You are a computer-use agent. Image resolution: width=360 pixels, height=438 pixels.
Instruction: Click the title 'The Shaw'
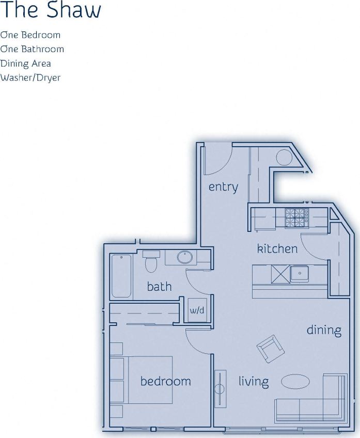coord(51,10)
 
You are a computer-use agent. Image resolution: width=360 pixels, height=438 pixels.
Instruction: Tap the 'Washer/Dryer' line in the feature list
coord(30,77)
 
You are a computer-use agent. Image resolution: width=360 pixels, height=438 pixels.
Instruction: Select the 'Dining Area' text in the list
coord(25,64)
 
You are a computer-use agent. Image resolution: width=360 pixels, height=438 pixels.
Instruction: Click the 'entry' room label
coord(223,187)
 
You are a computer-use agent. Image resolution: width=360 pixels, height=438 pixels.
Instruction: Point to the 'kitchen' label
coord(277,248)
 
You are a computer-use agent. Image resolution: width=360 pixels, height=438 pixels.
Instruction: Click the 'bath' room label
coord(159,286)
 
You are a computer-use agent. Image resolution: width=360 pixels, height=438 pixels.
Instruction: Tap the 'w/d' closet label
coord(197,310)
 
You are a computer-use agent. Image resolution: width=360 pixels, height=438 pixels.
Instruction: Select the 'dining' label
coord(324,330)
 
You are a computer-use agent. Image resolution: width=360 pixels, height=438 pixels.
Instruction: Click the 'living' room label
coord(254,382)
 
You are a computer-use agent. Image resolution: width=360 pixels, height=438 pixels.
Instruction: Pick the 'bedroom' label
coord(165,381)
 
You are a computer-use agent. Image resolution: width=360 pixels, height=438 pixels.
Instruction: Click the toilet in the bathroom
coord(151,262)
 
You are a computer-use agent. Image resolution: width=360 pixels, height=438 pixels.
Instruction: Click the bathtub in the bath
coord(121,276)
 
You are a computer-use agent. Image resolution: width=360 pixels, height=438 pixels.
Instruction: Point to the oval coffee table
coord(295,381)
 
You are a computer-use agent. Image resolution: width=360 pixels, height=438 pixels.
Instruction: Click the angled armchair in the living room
coord(270,348)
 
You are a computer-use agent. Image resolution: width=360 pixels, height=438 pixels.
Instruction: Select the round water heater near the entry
coord(284,157)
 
